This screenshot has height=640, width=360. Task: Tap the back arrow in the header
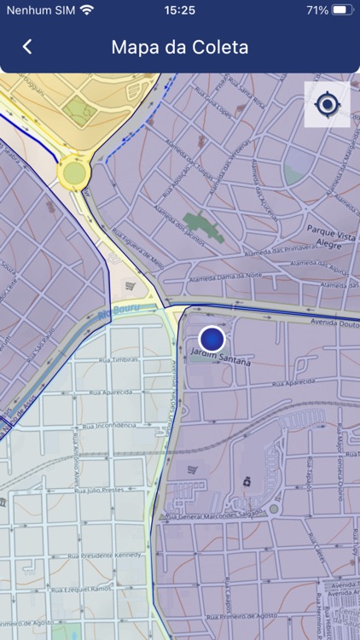pos(27,47)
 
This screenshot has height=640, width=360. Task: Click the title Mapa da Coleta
pos(180,47)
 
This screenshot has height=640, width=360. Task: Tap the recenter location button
pos(327,105)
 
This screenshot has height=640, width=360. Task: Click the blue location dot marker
pos(212,339)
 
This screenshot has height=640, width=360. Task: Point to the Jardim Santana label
pos(221,358)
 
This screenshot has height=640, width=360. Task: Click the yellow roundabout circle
pos(73,173)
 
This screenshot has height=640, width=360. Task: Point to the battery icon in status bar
pos(342,10)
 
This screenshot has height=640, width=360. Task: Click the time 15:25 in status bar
pos(179,10)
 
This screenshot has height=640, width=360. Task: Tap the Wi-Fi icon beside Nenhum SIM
pos(86,10)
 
